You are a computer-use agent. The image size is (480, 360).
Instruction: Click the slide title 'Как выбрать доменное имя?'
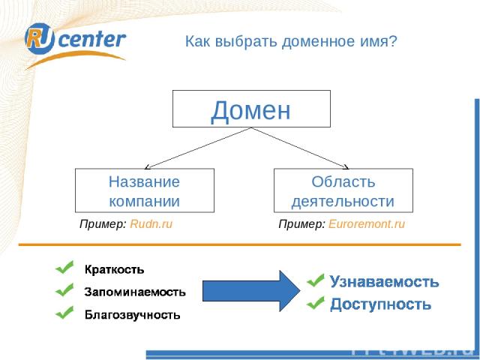[290, 42]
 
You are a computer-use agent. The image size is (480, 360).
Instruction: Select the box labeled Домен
[251, 109]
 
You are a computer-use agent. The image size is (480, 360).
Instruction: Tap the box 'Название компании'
[144, 190]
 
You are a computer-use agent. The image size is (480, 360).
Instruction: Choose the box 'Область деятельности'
[343, 190]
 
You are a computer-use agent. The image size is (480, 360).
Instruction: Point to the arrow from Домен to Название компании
[196, 147]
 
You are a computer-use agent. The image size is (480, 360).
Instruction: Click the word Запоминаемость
[135, 291]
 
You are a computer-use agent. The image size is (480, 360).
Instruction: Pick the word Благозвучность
[132, 314]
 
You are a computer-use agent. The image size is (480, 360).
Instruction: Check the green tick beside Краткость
[64, 267]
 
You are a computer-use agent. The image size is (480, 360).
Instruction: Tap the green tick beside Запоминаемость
[64, 289]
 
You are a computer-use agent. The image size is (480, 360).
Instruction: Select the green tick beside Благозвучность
[64, 313]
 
